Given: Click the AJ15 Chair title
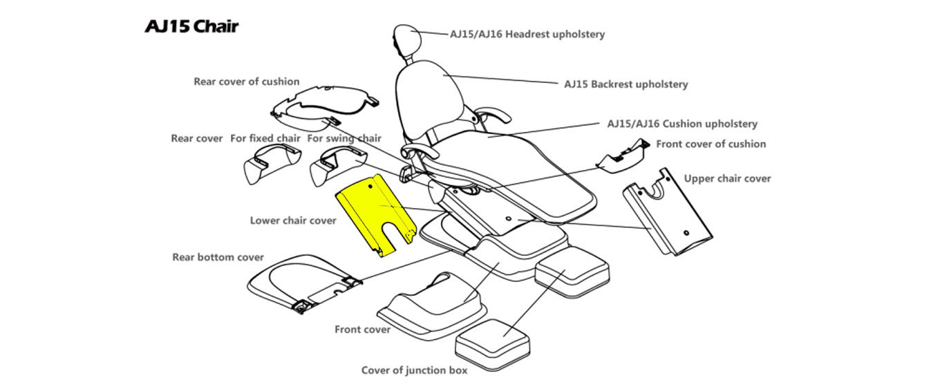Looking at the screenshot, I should [x=191, y=27].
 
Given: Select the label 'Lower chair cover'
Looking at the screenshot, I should [x=293, y=220].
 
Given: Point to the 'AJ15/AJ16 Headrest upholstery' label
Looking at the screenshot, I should [x=527, y=34].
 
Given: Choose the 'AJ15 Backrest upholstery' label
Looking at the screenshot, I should [x=626, y=84].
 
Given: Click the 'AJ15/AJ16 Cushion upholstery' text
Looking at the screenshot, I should [x=681, y=124].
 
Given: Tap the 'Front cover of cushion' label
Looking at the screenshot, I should [x=711, y=144].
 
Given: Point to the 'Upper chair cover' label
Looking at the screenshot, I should [x=727, y=178].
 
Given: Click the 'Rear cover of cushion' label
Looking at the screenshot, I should [x=246, y=82].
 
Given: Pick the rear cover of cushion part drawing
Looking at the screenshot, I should [x=325, y=107].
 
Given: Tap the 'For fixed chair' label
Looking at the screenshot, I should [x=265, y=138].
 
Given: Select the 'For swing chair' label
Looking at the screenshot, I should [x=344, y=138].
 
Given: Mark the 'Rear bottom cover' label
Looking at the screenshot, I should [x=218, y=258].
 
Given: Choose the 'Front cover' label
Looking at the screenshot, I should [x=362, y=330].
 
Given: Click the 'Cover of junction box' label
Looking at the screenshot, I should [x=414, y=370].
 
